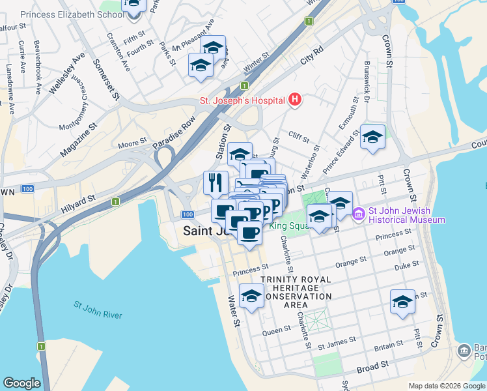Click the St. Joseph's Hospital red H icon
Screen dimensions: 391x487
pos(295,100)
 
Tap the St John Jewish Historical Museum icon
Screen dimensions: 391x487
pos(358,214)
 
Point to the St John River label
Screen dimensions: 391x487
pos(97,310)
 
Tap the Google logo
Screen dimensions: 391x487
pos(21,383)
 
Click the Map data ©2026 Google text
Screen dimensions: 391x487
pos(446,386)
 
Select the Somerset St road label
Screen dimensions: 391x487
pos(105,79)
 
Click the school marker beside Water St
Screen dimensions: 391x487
pos(251,297)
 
